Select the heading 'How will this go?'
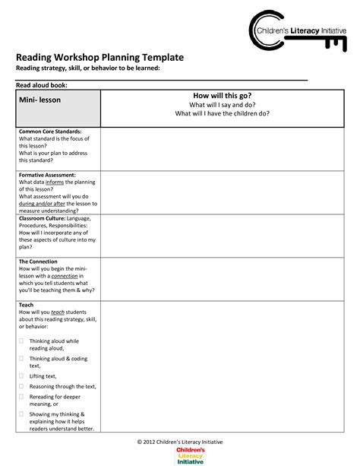click(222, 96)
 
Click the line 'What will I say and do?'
click(222, 105)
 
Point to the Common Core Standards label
click(50, 132)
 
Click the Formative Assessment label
click(47, 175)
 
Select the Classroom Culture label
click(42, 218)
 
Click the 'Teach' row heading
click(26, 305)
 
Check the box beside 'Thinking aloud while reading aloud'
click(21, 341)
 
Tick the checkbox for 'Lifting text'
click(21, 376)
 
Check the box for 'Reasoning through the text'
click(21, 386)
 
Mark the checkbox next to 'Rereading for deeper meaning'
click(21, 396)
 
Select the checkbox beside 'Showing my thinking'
click(21, 414)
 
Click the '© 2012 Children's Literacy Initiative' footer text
click(180, 442)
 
